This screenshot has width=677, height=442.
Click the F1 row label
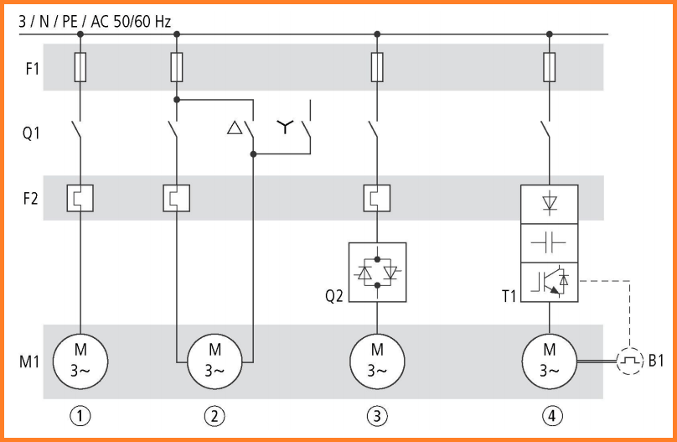33,68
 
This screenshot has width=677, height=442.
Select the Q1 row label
31,133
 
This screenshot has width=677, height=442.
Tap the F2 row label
31,198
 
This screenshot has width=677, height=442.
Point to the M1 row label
29,361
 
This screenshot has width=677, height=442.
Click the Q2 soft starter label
334,296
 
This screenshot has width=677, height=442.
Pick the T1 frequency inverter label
509,296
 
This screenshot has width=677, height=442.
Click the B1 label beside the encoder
656,361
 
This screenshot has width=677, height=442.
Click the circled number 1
80,416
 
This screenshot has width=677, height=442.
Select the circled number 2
214,416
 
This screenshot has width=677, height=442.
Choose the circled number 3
377,416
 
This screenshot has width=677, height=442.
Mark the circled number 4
552,416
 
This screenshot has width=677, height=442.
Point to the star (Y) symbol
285,126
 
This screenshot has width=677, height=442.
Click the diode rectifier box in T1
549,205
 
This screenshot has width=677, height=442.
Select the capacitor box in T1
549,243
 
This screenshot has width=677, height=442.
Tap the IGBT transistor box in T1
549,282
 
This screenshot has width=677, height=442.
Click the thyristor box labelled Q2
377,273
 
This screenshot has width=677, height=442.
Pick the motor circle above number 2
214,361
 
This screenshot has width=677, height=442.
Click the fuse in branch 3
377,67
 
